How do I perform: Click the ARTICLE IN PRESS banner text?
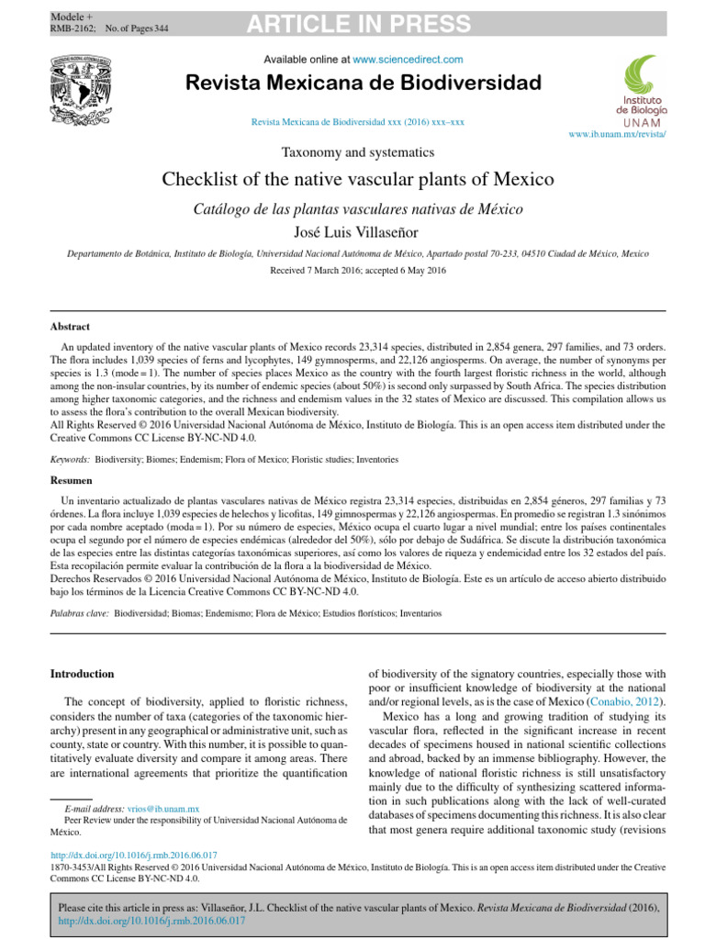click(358, 24)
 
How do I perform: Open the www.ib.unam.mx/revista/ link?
click(618, 135)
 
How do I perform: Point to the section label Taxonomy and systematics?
click(358, 151)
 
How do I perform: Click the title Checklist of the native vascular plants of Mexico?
click(358, 179)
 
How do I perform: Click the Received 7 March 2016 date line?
click(358, 271)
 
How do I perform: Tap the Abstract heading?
click(70, 326)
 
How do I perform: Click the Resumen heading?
click(71, 480)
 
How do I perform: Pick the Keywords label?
click(70, 456)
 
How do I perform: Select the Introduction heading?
click(83, 674)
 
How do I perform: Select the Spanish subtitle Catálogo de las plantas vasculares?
click(358, 209)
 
